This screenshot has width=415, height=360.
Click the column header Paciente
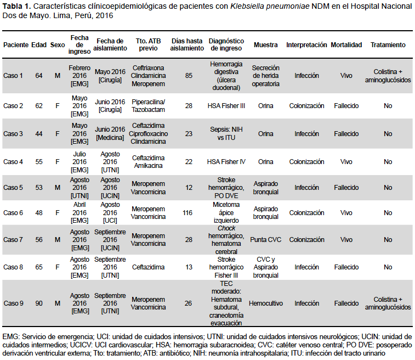[16, 45]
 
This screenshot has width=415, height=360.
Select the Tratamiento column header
[388, 45]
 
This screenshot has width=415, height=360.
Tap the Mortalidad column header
[346, 45]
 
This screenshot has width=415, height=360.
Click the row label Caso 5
[13, 188]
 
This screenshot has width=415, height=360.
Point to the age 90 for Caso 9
[39, 303]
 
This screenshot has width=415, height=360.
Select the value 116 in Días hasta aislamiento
[187, 213]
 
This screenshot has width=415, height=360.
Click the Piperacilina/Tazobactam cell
[148, 106]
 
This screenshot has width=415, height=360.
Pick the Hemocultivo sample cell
[266, 303]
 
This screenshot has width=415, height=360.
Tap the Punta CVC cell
[266, 240]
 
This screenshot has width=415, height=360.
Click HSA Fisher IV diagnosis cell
[226, 162]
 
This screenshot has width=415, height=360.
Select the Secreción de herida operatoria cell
[266, 76]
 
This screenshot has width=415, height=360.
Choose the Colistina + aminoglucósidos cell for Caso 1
[388, 76]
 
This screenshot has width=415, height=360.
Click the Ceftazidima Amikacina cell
[148, 162]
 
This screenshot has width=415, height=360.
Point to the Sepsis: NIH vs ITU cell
[226, 133]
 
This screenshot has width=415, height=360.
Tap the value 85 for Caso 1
[189, 76]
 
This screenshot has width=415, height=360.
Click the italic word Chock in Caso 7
[226, 228]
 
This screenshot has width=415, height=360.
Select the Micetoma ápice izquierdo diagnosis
[226, 213]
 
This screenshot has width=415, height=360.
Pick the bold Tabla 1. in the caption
[16, 6]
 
